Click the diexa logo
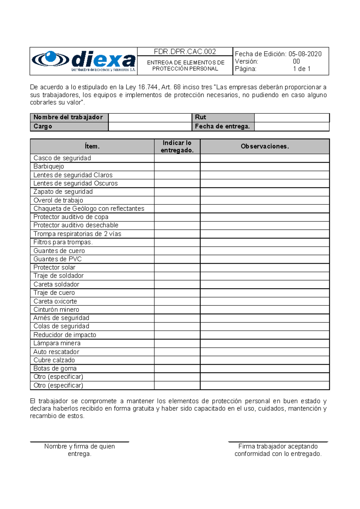click(83, 61)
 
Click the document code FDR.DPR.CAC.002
click(185, 52)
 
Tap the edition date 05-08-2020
click(305, 54)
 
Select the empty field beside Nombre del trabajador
click(150, 118)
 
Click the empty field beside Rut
click(291, 118)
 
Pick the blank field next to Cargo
click(150, 127)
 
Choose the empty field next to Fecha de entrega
click(291, 127)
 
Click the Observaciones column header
click(265, 146)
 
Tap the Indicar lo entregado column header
click(177, 146)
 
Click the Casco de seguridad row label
click(62, 158)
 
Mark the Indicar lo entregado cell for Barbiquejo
click(177, 167)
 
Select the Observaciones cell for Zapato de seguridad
click(265, 192)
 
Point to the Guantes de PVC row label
click(58, 259)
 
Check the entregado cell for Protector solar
click(177, 267)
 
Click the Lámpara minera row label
click(57, 343)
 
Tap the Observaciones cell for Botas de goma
click(265, 369)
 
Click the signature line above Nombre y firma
click(79, 442)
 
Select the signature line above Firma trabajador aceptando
click(278, 442)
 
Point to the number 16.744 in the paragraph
click(148, 87)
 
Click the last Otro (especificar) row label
click(58, 385)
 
